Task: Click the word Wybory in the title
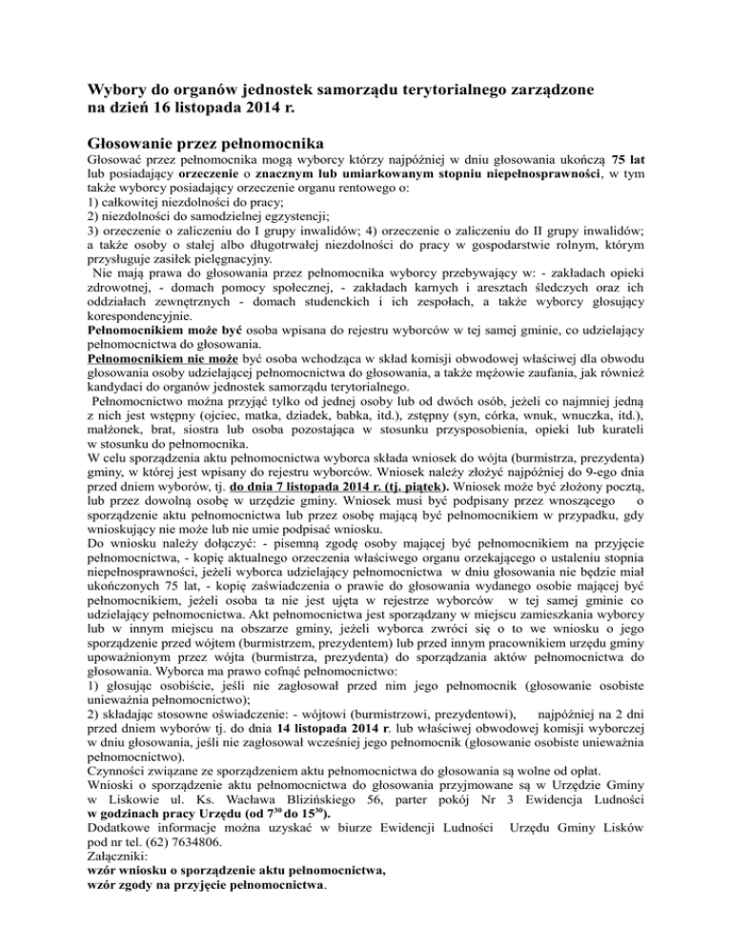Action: [x=116, y=89]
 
